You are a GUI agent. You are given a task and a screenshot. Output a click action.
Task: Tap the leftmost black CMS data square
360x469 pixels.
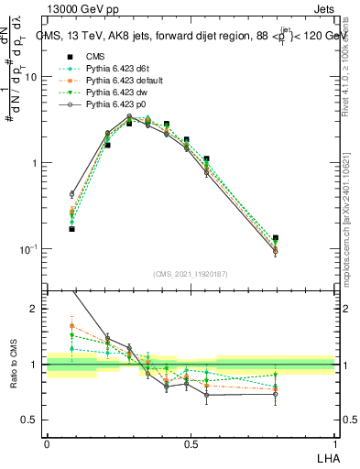(71, 229)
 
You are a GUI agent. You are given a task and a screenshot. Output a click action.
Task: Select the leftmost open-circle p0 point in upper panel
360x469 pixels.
(71, 194)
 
